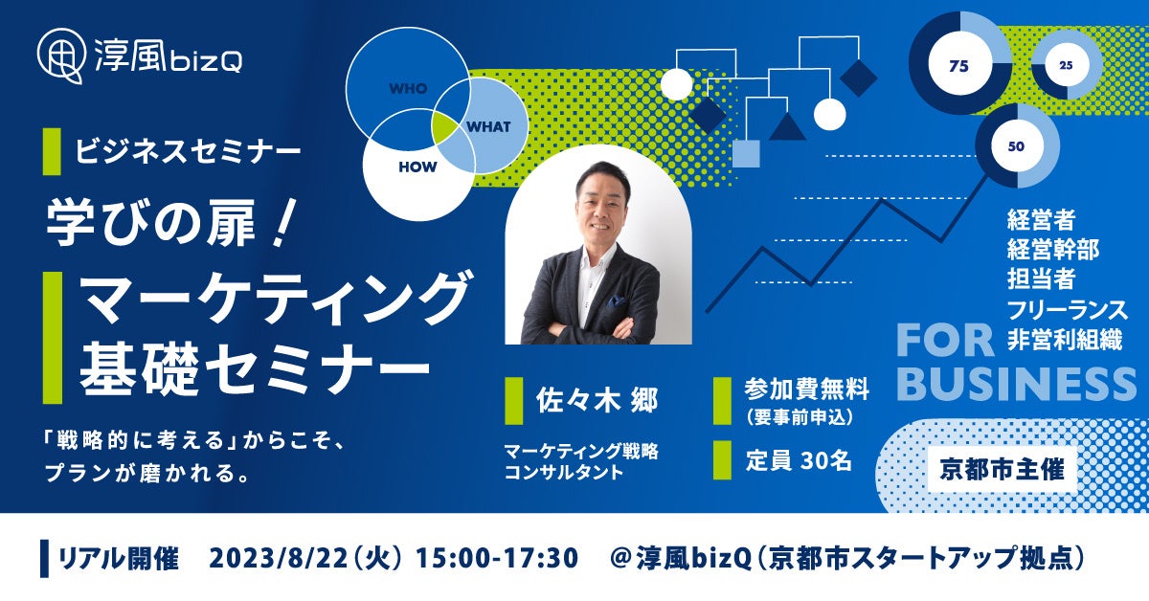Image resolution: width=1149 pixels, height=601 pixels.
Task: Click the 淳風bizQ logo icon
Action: pos(60,56)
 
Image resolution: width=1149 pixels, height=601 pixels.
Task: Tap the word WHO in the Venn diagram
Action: pos(408,89)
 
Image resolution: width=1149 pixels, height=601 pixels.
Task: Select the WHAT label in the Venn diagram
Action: pos(488,126)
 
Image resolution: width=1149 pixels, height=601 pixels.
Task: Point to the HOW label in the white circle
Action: pos(417,167)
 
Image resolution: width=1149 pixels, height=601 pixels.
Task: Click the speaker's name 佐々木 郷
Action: pos(597,400)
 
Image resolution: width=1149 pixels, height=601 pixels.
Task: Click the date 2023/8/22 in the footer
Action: pos(279,559)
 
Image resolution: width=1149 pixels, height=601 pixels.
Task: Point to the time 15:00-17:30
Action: pos(497,559)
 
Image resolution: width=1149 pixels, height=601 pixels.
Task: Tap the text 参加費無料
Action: pos(807,390)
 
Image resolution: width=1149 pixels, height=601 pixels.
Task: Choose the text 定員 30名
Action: pos(799,460)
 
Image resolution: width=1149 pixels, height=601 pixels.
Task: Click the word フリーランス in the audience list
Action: pos(1068,310)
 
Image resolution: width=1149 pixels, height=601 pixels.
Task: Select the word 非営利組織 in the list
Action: pos(1066,340)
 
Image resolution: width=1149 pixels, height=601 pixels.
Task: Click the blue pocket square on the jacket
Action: pos(615,300)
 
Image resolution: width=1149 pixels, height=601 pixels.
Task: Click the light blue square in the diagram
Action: pos(746,154)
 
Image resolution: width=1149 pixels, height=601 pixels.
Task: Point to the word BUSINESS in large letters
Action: pos(1016,385)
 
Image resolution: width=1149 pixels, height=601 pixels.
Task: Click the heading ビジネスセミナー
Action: pos(188,151)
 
